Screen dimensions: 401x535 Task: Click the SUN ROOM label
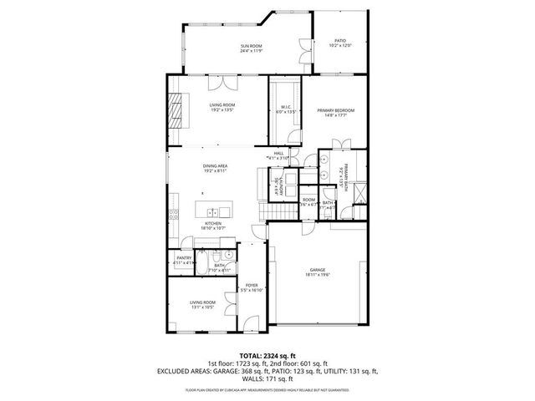click(x=252, y=45)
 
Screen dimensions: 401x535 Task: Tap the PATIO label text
click(x=340, y=39)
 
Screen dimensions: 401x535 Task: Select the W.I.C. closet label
click(x=285, y=106)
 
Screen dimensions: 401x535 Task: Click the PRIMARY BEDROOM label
click(x=335, y=110)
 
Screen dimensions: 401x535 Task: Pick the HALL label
click(x=278, y=153)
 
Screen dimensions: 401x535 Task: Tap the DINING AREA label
click(x=215, y=165)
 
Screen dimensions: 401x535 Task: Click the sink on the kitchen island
click(x=215, y=211)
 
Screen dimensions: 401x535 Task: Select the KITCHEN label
click(x=214, y=223)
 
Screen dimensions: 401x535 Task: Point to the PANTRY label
click(x=183, y=258)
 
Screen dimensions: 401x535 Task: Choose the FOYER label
click(x=251, y=285)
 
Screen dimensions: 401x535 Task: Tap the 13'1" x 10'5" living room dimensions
click(x=202, y=307)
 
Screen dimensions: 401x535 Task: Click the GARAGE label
click(x=317, y=270)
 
